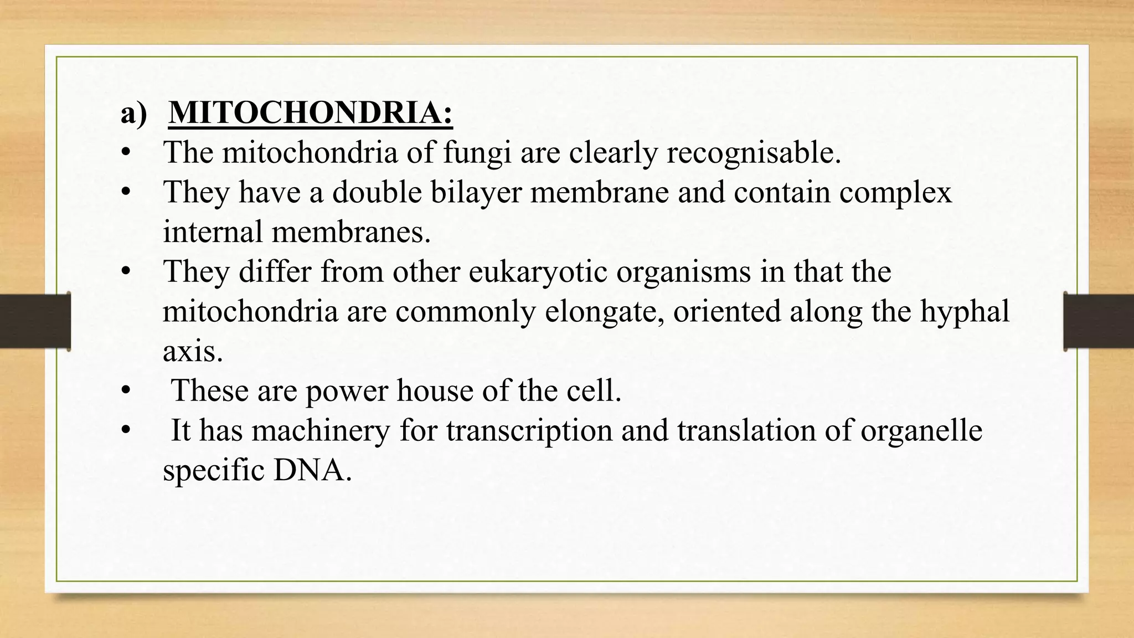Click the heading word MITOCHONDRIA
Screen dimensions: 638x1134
pos(310,113)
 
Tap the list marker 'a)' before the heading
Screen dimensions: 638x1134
pos(134,114)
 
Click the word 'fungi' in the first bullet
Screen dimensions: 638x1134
pos(477,153)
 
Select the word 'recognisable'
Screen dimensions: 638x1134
pos(753,153)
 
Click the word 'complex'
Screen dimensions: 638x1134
pos(895,193)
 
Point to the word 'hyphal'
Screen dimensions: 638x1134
pos(965,311)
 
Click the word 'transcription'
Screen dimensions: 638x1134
pos(529,431)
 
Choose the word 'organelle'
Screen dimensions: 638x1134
pos(921,431)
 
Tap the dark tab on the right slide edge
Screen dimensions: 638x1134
pos(1099,321)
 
